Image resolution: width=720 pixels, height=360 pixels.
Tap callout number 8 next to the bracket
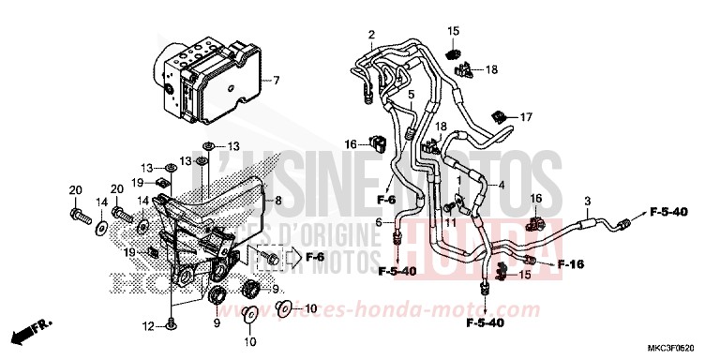pos(278,201)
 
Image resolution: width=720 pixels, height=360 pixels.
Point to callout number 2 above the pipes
pos(371,36)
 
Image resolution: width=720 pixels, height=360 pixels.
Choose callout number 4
pos(502,185)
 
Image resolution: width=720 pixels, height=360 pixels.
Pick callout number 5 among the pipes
pos(411,96)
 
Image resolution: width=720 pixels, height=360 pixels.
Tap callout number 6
pos(379,222)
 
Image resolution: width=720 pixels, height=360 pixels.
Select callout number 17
pos(526,117)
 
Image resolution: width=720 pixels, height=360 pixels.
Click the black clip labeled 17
pos(501,116)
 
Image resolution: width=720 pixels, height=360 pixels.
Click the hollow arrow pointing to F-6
pos(295,255)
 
